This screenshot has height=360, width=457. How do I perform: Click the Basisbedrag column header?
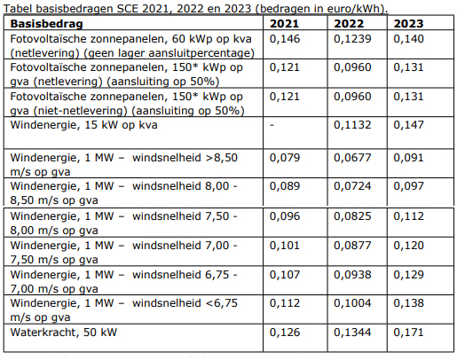coord(46,24)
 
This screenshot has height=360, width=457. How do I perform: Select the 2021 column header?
coord(284,24)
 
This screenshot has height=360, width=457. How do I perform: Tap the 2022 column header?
coord(349,24)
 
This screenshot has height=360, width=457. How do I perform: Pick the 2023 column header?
coord(408,24)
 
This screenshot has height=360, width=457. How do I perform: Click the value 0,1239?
coord(352,39)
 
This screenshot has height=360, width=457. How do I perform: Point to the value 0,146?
coord(285,39)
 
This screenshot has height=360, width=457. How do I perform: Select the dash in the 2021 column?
coord(272,125)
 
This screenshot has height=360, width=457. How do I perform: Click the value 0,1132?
coord(352,125)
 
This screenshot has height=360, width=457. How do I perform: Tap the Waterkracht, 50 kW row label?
coord(64,333)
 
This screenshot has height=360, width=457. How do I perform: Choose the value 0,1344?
coord(352,333)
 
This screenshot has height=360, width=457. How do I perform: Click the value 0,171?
coord(408,333)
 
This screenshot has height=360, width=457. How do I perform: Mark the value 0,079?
coord(285,158)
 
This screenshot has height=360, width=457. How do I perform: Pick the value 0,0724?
coord(352,186)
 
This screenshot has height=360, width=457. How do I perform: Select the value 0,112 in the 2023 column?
coord(408,216)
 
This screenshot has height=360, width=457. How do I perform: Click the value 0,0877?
coord(352,246)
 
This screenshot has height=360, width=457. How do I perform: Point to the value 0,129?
coord(408,275)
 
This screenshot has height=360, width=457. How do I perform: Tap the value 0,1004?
coord(352,303)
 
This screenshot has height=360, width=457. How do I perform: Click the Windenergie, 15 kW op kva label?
coord(83,125)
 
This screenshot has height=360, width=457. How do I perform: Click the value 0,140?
coord(408,39)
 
